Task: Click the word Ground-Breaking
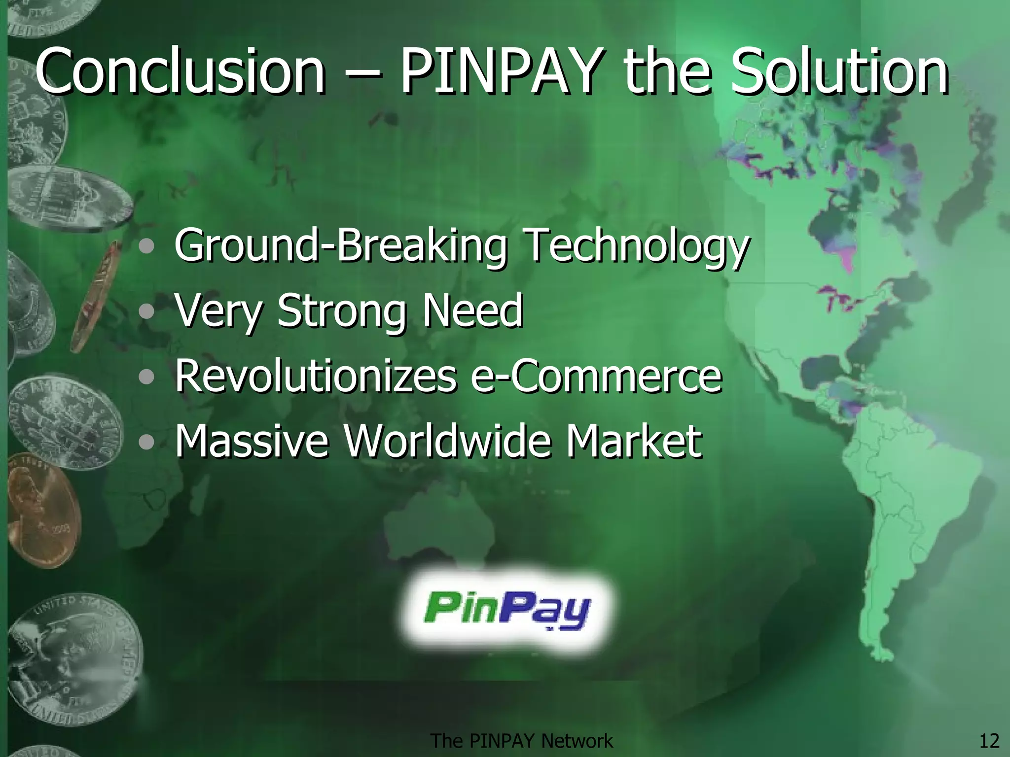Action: (x=341, y=245)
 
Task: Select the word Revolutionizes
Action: (x=316, y=376)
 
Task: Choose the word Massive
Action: (x=252, y=441)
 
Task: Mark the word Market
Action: (x=634, y=441)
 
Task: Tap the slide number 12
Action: (x=989, y=741)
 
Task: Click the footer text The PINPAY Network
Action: (x=522, y=741)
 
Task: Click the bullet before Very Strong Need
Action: (x=146, y=311)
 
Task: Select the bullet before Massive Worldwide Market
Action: (x=146, y=442)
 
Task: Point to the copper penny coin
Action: (x=42, y=513)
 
